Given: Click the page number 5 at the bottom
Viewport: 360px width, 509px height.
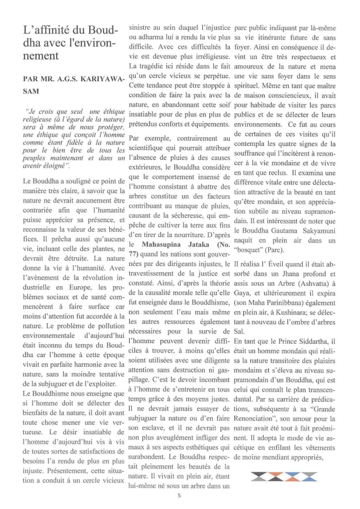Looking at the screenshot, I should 179,496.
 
